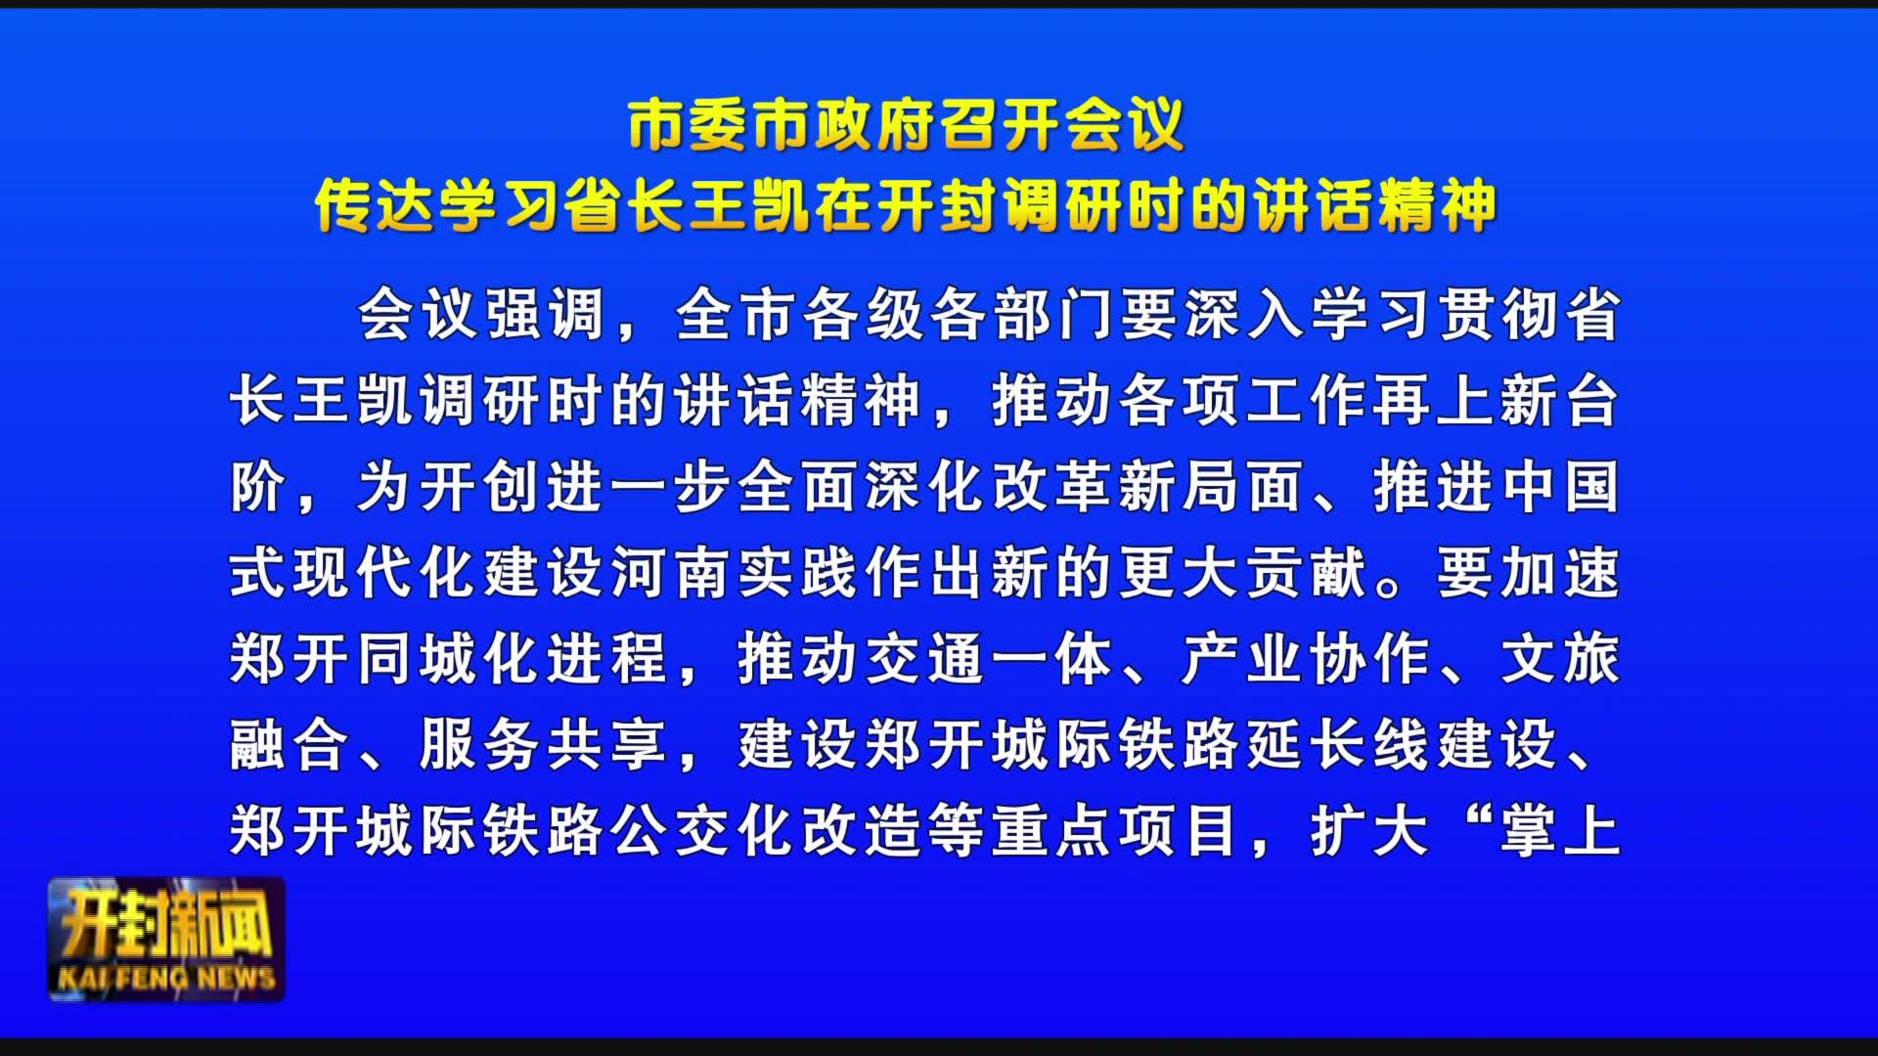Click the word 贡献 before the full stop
pos(1308,573)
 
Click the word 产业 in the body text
pos(1244,659)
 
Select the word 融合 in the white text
pos(291,745)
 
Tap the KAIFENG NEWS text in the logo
pos(166,977)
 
